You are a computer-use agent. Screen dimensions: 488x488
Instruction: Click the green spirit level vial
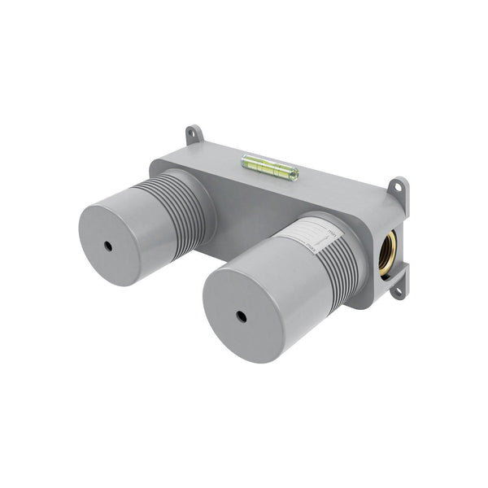click(270, 168)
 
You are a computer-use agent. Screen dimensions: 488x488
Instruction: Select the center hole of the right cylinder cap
click(242, 316)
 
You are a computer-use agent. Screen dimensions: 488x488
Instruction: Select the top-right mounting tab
click(399, 190)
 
